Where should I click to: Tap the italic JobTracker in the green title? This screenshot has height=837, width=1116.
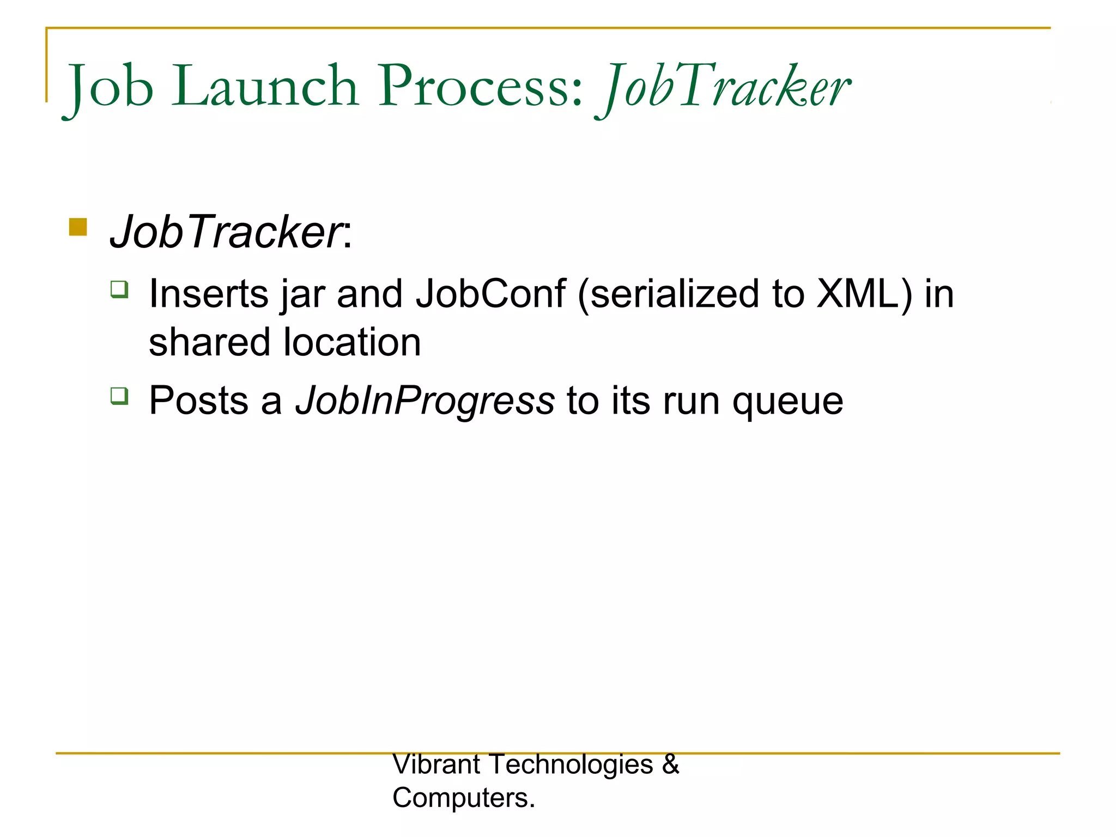[725, 87]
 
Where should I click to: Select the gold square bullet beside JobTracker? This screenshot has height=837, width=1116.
[78, 227]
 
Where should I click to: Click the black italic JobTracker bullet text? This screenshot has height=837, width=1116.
[226, 232]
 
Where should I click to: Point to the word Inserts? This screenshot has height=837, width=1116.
[209, 294]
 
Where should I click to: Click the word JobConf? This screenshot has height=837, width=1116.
[490, 294]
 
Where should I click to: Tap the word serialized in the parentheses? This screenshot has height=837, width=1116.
[674, 294]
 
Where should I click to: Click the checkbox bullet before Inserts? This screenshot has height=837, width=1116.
[119, 289]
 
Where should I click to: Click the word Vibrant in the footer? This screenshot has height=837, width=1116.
[436, 764]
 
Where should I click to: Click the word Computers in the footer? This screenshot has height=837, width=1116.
[462, 798]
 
